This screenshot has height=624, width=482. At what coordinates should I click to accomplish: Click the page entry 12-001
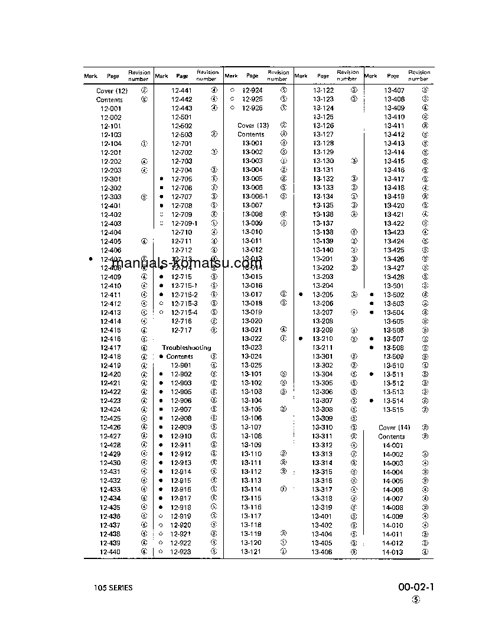coord(110,109)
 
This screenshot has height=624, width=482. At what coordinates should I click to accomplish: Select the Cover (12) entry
coord(112,91)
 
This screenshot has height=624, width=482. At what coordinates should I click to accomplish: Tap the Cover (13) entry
coord(253,125)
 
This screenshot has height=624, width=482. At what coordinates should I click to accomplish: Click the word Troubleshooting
coord(186,347)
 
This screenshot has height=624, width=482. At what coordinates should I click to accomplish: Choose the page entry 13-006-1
coord(255,196)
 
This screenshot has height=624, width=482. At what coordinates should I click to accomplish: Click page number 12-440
coord(110,552)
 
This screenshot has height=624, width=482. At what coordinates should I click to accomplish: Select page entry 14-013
coord(392,552)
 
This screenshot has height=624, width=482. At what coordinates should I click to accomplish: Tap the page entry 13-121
coord(252,552)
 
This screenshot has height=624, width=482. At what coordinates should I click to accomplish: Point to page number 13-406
coord(323,552)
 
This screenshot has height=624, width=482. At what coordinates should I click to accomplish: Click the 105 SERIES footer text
coord(113,588)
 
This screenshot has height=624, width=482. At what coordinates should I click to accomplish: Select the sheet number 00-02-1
coord(416,587)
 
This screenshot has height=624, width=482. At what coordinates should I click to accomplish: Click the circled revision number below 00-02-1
coord(416,599)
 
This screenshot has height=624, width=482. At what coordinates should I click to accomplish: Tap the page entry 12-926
coord(252,108)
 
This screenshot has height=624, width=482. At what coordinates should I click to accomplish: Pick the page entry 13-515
coord(393,409)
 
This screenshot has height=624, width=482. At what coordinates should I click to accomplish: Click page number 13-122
coord(323,90)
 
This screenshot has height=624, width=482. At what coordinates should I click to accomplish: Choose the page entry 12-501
coord(182,117)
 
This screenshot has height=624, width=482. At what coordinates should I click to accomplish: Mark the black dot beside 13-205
coord(301,294)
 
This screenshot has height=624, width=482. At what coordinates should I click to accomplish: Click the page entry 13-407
coord(394,90)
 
